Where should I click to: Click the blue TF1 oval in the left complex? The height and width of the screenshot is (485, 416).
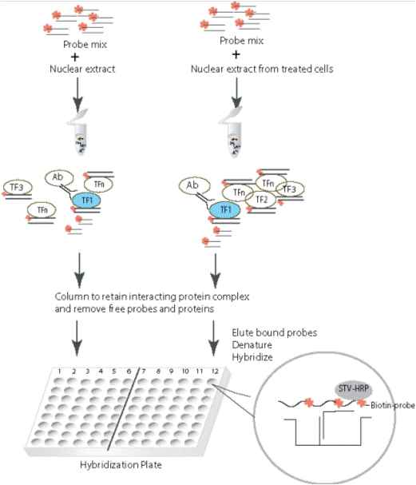pyautogui.click(x=86, y=201)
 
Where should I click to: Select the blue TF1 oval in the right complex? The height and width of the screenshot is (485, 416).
pyautogui.click(x=225, y=209)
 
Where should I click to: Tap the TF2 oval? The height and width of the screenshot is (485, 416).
pyautogui.click(x=261, y=200)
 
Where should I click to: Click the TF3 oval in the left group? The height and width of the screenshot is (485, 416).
pyautogui.click(x=18, y=187)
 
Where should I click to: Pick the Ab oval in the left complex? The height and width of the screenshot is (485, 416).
pyautogui.click(x=59, y=177)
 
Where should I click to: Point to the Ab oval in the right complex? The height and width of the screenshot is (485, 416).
pyautogui.click(x=194, y=185)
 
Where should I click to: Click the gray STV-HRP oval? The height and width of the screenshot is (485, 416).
pyautogui.click(x=353, y=389)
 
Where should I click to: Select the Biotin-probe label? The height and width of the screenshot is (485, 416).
pyautogui.click(x=393, y=405)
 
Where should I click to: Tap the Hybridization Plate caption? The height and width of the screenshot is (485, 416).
pyautogui.click(x=121, y=464)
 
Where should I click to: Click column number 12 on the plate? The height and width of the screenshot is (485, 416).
pyautogui.click(x=215, y=371)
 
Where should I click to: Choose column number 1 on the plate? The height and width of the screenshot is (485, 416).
pyautogui.click(x=59, y=371)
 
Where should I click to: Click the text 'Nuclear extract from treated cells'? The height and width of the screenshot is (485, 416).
pyautogui.click(x=262, y=69)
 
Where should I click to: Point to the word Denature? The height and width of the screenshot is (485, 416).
pyautogui.click(x=252, y=344)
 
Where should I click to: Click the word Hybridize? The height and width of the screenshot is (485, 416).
pyautogui.click(x=252, y=357)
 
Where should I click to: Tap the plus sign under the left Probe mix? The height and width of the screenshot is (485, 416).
pyautogui.click(x=75, y=57)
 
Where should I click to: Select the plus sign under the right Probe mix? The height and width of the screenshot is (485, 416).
pyautogui.click(x=236, y=55)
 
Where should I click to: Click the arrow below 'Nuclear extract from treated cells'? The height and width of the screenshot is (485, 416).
pyautogui.click(x=236, y=92)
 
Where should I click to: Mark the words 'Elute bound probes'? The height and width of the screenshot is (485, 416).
pyautogui.click(x=275, y=332)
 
